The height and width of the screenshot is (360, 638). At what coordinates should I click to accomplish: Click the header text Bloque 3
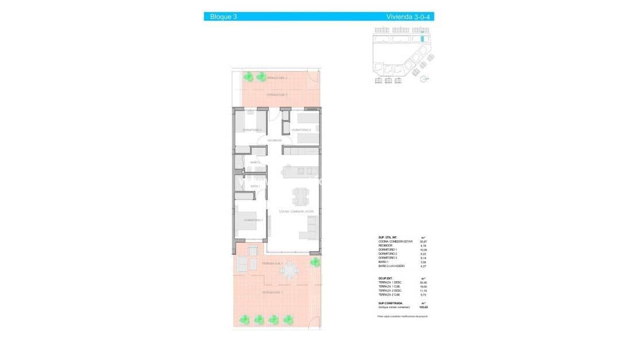(224, 17)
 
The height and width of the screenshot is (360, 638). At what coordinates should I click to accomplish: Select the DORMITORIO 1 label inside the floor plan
(253, 220)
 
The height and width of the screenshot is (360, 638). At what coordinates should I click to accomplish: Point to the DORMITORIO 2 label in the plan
(252, 130)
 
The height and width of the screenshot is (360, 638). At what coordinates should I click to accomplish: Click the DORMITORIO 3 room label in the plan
(301, 130)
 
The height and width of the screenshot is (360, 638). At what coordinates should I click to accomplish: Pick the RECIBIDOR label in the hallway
(274, 140)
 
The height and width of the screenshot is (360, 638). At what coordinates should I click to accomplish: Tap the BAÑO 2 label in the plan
(255, 162)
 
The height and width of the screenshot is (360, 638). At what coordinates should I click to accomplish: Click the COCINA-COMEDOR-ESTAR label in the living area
(297, 212)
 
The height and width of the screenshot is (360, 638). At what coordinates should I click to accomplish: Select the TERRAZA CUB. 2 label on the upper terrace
(276, 95)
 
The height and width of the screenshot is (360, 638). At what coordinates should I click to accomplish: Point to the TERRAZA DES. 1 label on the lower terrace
(272, 293)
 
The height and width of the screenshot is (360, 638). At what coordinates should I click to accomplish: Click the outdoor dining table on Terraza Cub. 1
(290, 269)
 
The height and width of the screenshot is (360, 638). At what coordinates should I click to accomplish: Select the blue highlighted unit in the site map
(422, 39)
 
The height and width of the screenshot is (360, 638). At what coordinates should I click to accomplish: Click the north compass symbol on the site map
(424, 80)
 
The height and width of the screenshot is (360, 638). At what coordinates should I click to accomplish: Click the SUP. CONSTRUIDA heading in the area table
(390, 302)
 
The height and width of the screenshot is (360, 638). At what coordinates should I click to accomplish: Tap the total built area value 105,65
(424, 307)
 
